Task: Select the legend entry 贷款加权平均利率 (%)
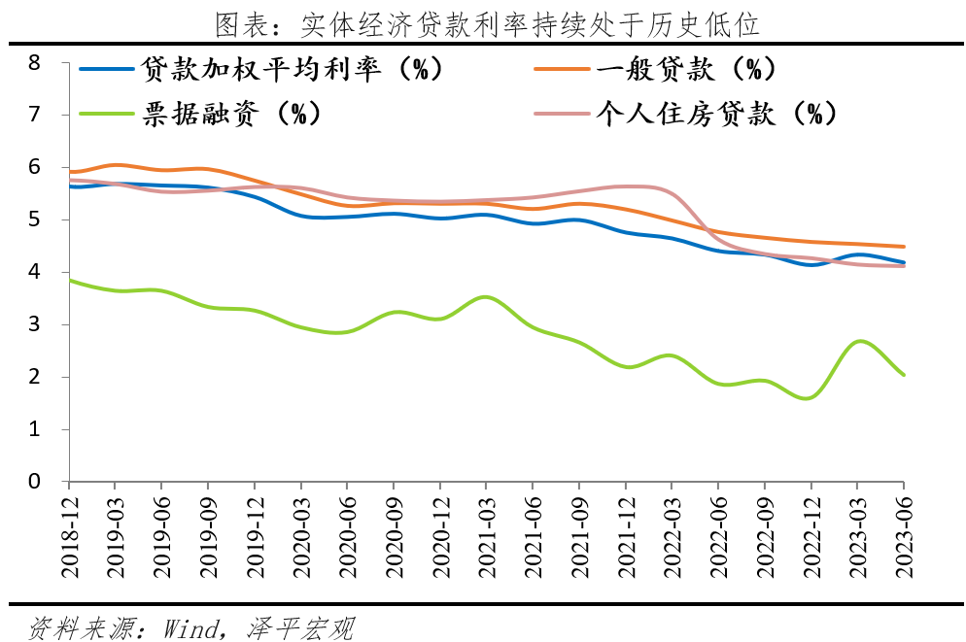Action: pos(292,69)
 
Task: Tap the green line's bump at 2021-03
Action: pos(487,297)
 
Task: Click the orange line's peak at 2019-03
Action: pos(115,165)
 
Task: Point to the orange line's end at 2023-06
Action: pos(904,247)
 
